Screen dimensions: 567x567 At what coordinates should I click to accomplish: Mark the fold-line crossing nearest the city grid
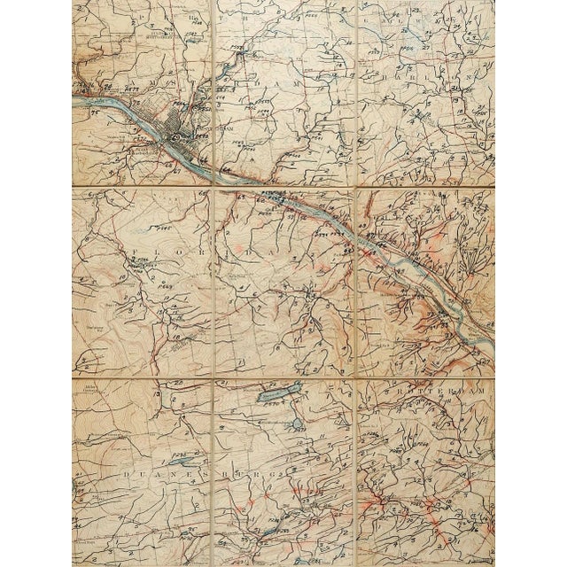point(214,187)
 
